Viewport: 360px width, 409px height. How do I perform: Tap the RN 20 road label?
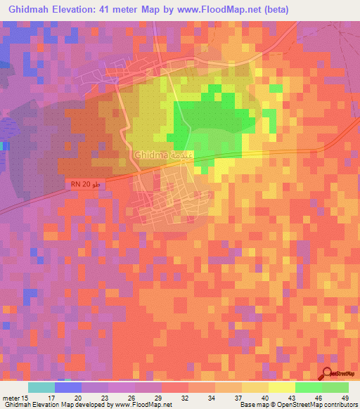coord(81,184)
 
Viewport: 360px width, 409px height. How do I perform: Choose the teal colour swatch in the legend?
coord(41,387)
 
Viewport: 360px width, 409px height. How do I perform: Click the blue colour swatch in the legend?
coord(67,387)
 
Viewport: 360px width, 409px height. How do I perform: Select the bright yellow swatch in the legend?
coord(281,387)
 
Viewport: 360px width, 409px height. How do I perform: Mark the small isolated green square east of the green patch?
coord(276,89)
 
